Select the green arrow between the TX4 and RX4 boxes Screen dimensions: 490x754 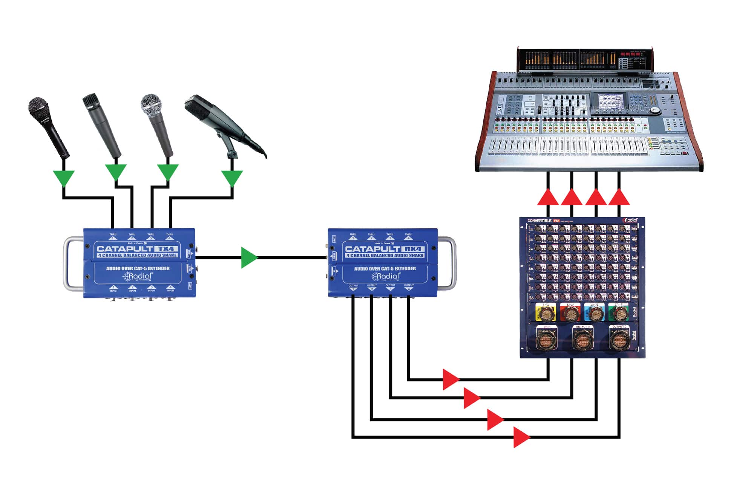249,258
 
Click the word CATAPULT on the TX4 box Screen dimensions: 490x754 124,249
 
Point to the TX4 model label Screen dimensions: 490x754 166,249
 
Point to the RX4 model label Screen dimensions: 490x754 414,249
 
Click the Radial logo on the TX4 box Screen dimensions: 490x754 138,276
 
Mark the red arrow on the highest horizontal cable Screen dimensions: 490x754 451,379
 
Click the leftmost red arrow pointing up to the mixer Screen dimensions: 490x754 548,197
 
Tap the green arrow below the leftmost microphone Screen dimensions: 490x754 64,178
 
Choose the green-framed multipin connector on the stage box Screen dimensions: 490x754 619,313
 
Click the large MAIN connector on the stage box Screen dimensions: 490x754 546,339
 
